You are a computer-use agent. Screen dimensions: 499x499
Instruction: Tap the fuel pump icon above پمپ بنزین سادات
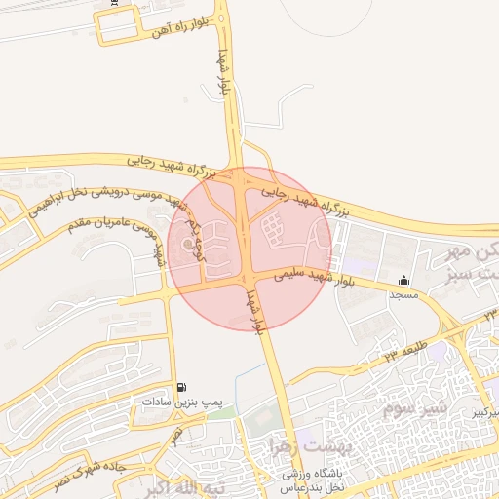point(182,387)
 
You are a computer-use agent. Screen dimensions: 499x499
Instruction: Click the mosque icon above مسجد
point(403,281)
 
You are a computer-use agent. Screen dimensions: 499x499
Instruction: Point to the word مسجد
point(403,293)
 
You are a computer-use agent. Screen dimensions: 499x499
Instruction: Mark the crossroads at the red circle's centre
point(250,248)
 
